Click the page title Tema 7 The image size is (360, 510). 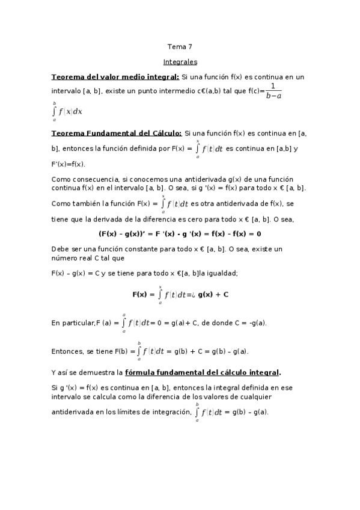(x=180, y=46)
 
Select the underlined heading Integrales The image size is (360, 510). (x=180, y=61)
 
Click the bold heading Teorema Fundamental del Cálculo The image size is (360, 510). (x=117, y=133)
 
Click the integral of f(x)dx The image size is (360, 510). (x=59, y=111)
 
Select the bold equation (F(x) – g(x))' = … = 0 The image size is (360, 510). (x=180, y=233)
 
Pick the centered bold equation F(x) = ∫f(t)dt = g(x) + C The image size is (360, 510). (x=180, y=295)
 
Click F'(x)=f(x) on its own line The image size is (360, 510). (x=69, y=164)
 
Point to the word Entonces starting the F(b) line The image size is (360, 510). (x=67, y=351)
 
